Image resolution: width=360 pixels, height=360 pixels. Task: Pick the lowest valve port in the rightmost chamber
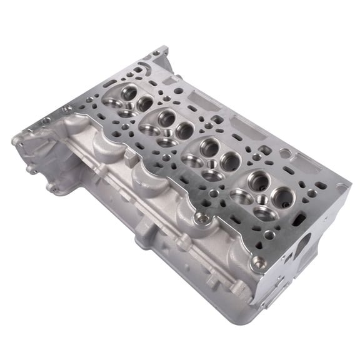click(262, 214)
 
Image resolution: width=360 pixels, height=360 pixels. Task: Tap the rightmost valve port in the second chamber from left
click(184, 130)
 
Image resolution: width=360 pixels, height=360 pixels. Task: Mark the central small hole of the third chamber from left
click(212, 164)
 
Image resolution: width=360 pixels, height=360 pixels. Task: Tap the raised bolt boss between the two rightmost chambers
click(199, 218)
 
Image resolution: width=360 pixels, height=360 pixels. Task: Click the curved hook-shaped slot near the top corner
click(146, 64)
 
